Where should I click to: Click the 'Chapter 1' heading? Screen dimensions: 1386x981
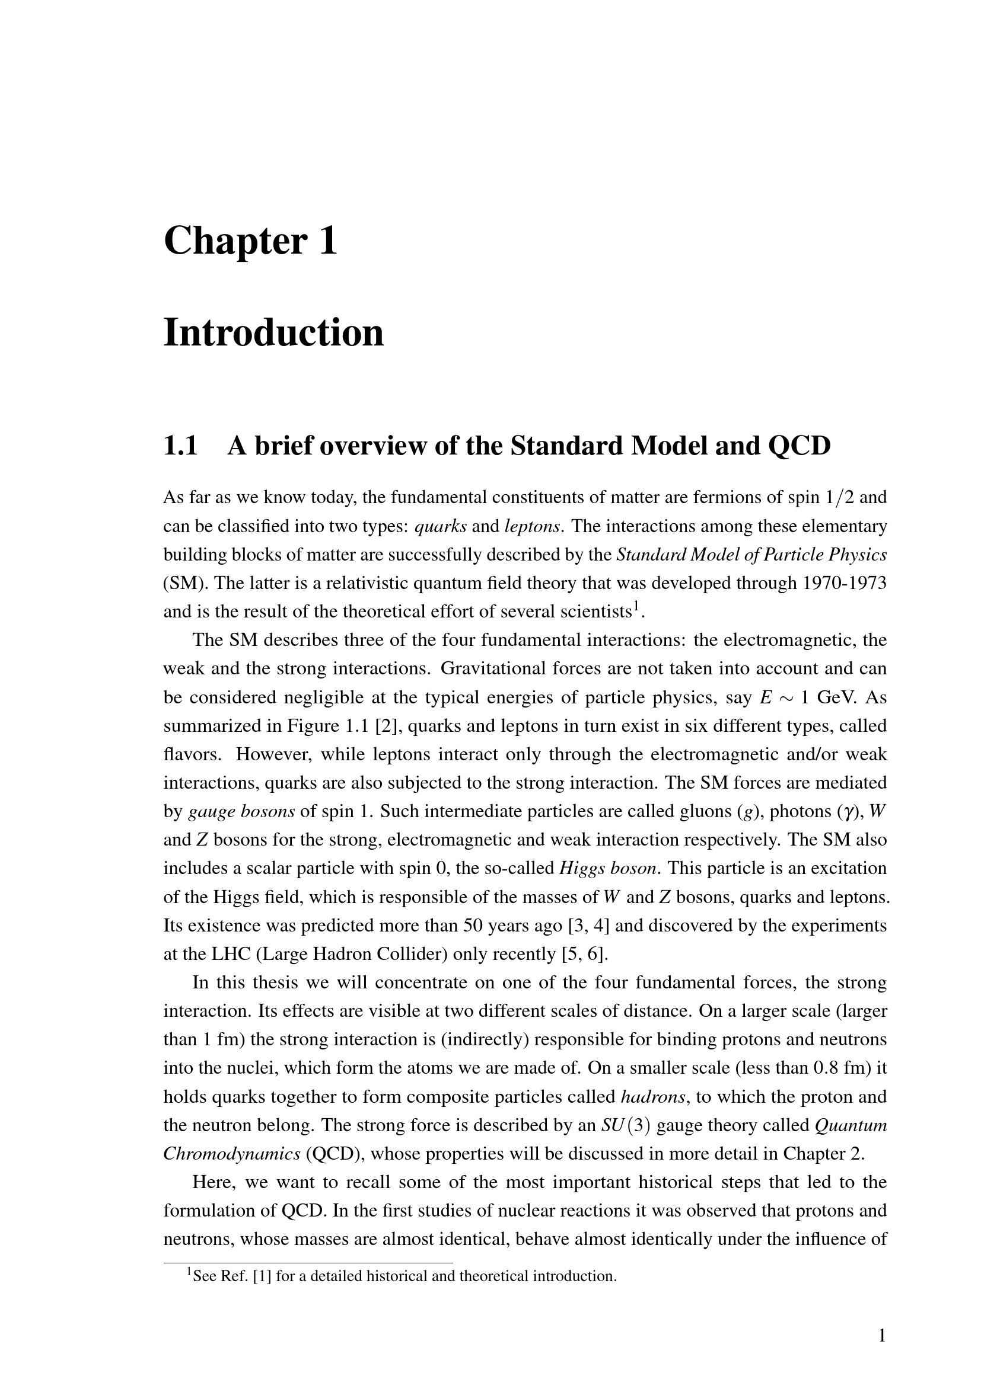[250, 240]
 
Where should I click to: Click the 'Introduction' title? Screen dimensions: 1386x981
[273, 332]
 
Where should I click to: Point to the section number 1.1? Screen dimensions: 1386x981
[181, 446]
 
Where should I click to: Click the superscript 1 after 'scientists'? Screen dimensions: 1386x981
[635, 607]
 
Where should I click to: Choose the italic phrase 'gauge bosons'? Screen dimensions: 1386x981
[241, 812]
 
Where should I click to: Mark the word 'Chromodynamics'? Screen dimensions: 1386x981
[232, 1154]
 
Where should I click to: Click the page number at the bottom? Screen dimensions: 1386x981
[881, 1336]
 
